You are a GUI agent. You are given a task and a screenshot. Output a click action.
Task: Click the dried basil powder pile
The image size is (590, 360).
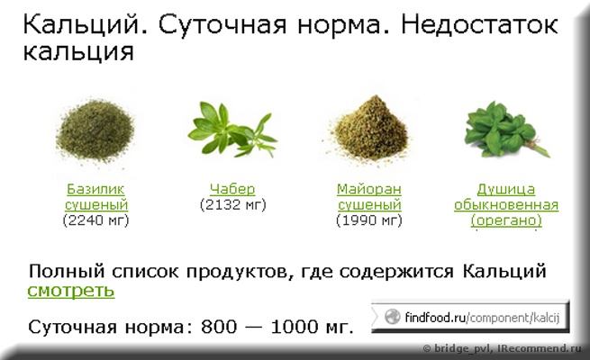95,130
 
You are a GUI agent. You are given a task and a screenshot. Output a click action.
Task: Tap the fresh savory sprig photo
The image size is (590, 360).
232,130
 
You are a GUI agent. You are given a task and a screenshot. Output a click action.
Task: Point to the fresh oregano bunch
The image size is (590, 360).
506,130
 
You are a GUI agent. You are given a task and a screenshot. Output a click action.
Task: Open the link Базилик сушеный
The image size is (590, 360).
96,197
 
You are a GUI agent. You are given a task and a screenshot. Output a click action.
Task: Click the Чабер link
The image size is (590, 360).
232,189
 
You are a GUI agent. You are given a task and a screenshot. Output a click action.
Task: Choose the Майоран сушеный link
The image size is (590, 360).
369,197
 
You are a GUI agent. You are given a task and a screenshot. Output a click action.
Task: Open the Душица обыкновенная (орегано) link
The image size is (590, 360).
506,205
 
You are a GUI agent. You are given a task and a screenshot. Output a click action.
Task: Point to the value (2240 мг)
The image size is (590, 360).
96,220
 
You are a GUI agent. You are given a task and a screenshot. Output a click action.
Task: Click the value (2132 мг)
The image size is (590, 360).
233,205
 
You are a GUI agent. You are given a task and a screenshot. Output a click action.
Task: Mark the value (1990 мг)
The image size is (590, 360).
369,220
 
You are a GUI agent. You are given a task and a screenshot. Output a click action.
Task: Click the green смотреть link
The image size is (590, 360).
71,291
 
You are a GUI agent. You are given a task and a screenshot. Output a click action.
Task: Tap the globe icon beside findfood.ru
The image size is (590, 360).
392,317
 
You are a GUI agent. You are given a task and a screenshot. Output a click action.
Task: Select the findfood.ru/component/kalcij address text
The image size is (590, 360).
483,318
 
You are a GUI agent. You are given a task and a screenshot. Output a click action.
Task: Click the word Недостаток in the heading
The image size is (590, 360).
479,25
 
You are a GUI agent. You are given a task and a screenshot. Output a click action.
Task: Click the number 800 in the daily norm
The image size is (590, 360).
219,327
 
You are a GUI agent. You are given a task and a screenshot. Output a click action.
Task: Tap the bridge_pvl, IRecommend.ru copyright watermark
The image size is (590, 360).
503,348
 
